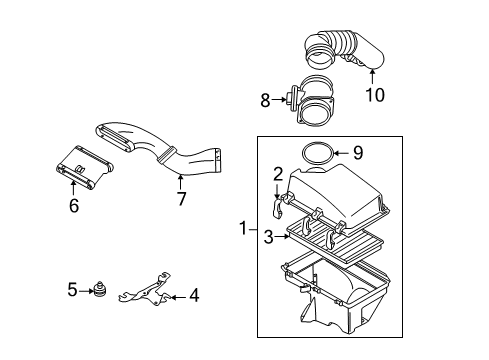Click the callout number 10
(x=375, y=95)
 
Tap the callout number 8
(x=265, y=100)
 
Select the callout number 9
(x=358, y=153)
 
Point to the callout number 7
(x=181, y=199)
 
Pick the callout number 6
(x=74, y=205)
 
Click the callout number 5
(x=72, y=290)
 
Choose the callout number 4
(x=194, y=296)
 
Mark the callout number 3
(x=269, y=237)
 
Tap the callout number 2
(x=278, y=174)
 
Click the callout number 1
(x=244, y=229)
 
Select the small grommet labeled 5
(x=100, y=289)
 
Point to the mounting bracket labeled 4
(x=145, y=289)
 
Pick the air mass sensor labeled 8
(x=312, y=100)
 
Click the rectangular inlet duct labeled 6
(x=85, y=168)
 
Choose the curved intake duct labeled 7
(x=160, y=149)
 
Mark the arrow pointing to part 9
(x=341, y=153)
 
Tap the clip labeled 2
(x=277, y=208)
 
